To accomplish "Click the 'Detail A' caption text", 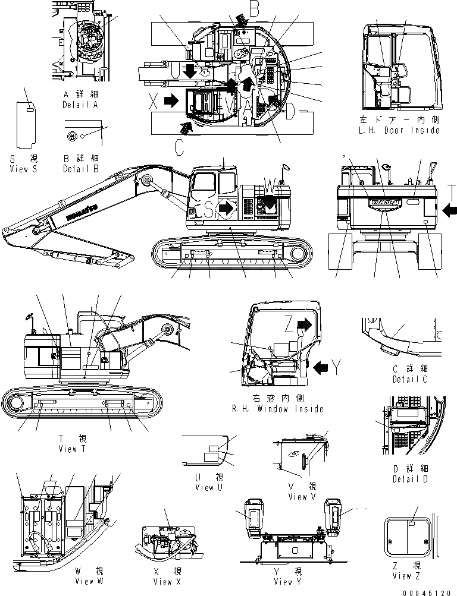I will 83,105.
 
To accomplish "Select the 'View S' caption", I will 24,168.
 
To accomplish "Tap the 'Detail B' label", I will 83,168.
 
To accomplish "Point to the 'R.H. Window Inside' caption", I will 278,408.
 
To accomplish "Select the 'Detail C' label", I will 410,379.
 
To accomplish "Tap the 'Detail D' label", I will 410,478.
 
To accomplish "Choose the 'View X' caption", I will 170,582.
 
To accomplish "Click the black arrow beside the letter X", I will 171,101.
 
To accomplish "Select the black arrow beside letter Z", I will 304,324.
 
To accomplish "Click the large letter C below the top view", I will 179,146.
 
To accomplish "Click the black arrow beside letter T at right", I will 450,208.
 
